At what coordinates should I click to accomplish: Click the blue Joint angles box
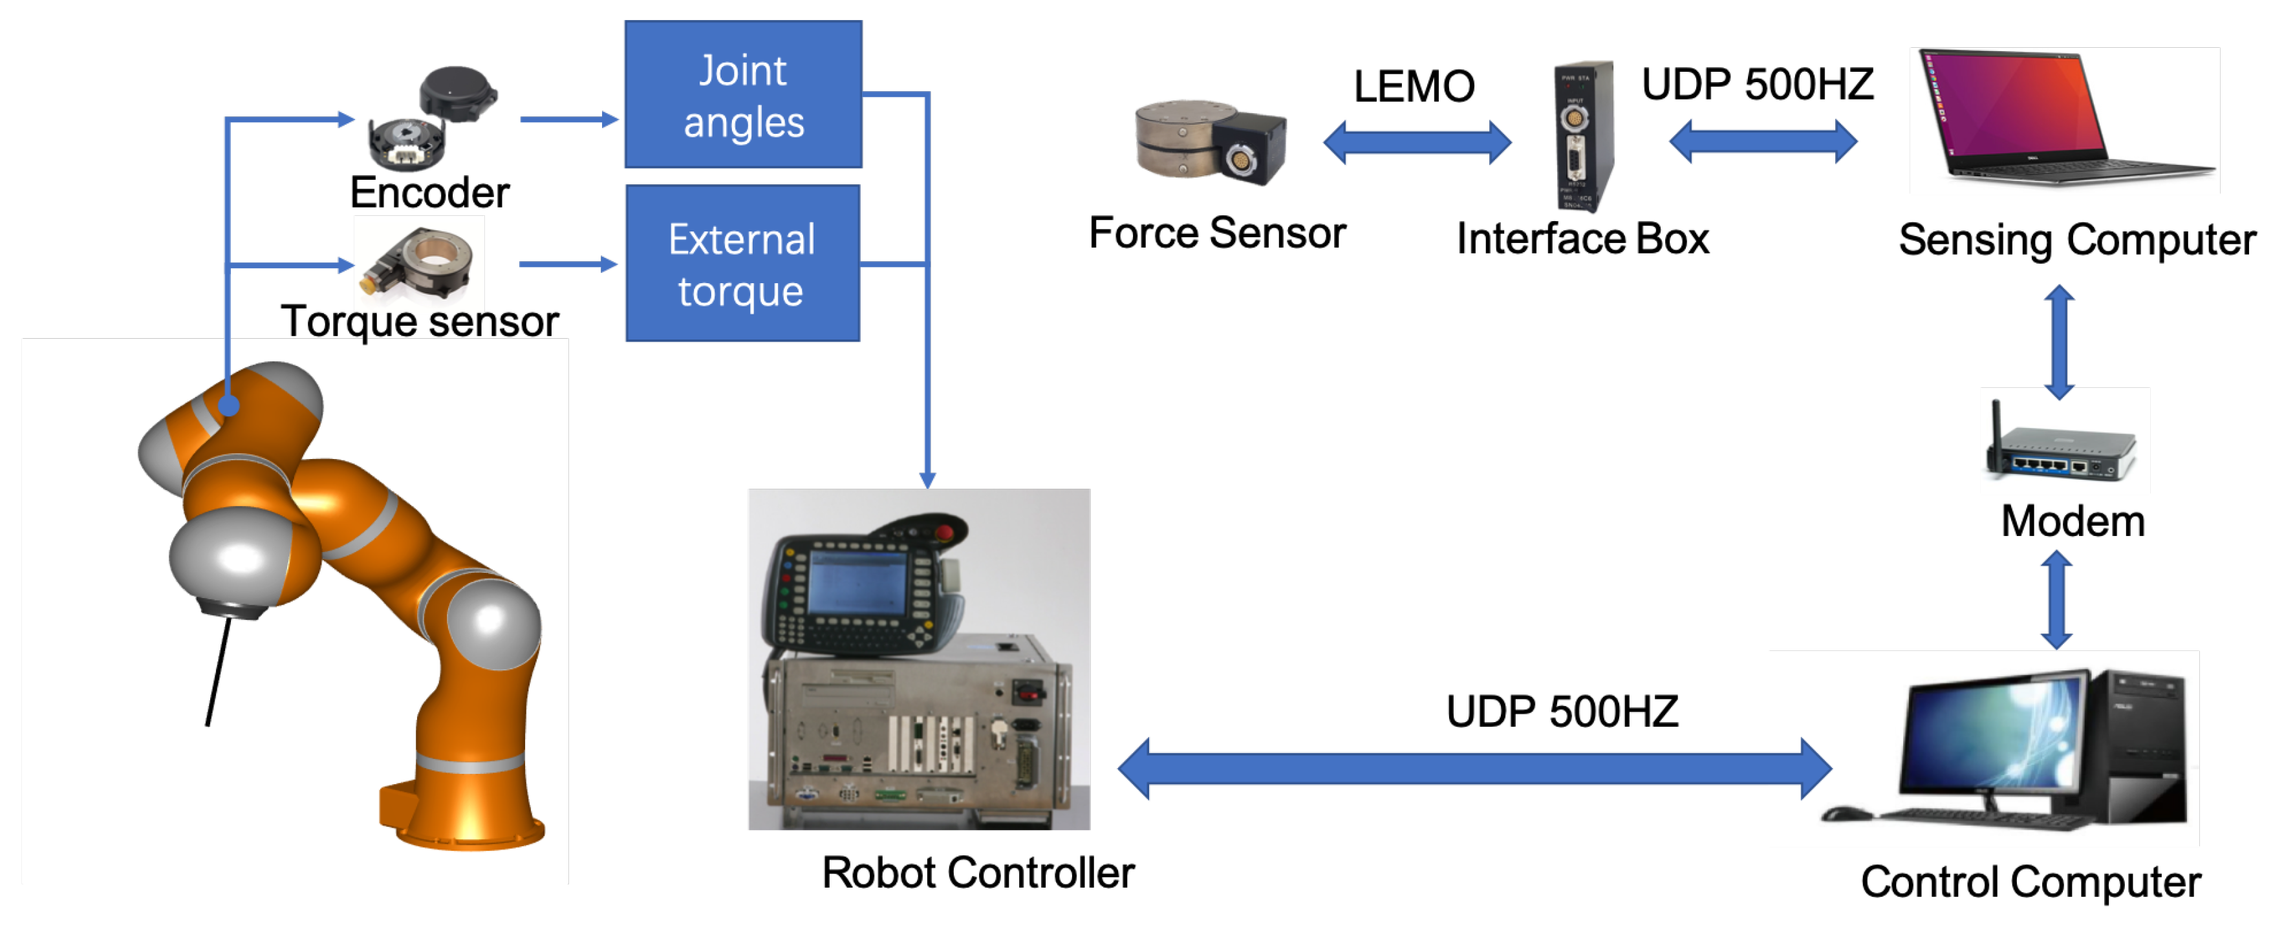743,94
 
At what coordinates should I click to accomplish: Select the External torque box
742,264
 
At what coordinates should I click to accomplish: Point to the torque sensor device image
418,261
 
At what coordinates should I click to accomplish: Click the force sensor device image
1210,141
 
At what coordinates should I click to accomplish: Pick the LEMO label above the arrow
1414,87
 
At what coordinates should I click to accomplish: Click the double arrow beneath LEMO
1417,141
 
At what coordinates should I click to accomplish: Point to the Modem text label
2072,522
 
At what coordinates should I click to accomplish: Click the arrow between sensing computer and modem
2060,341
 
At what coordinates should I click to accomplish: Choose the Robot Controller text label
978,873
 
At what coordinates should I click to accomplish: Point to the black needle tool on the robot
219,670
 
